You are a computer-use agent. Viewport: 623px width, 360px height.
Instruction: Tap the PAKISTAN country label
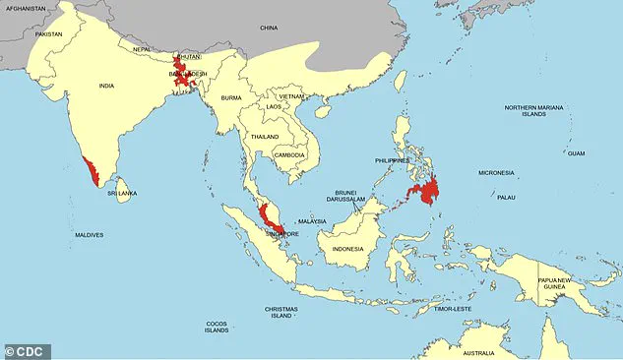pyautogui.click(x=48, y=34)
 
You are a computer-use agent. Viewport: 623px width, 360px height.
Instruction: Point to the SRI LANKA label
pyautogui.click(x=122, y=194)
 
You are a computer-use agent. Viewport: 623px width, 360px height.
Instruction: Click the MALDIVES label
pyautogui.click(x=89, y=235)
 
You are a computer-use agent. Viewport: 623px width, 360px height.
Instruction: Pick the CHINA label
pyautogui.click(x=270, y=29)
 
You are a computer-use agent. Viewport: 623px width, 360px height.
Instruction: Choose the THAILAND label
pyautogui.click(x=263, y=137)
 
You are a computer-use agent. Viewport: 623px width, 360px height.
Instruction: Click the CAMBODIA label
pyautogui.click(x=288, y=155)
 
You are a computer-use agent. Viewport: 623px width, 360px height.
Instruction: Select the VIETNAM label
pyautogui.click(x=291, y=96)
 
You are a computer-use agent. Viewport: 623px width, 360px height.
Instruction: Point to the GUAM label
pyautogui.click(x=576, y=153)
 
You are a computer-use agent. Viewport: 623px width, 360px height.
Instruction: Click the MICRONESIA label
pyautogui.click(x=496, y=173)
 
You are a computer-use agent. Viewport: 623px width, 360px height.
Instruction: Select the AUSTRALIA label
pyautogui.click(x=479, y=353)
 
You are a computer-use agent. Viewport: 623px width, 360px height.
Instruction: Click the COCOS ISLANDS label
pyautogui.click(x=218, y=327)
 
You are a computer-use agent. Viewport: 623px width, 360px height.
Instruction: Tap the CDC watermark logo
pyautogui.click(x=26, y=351)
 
